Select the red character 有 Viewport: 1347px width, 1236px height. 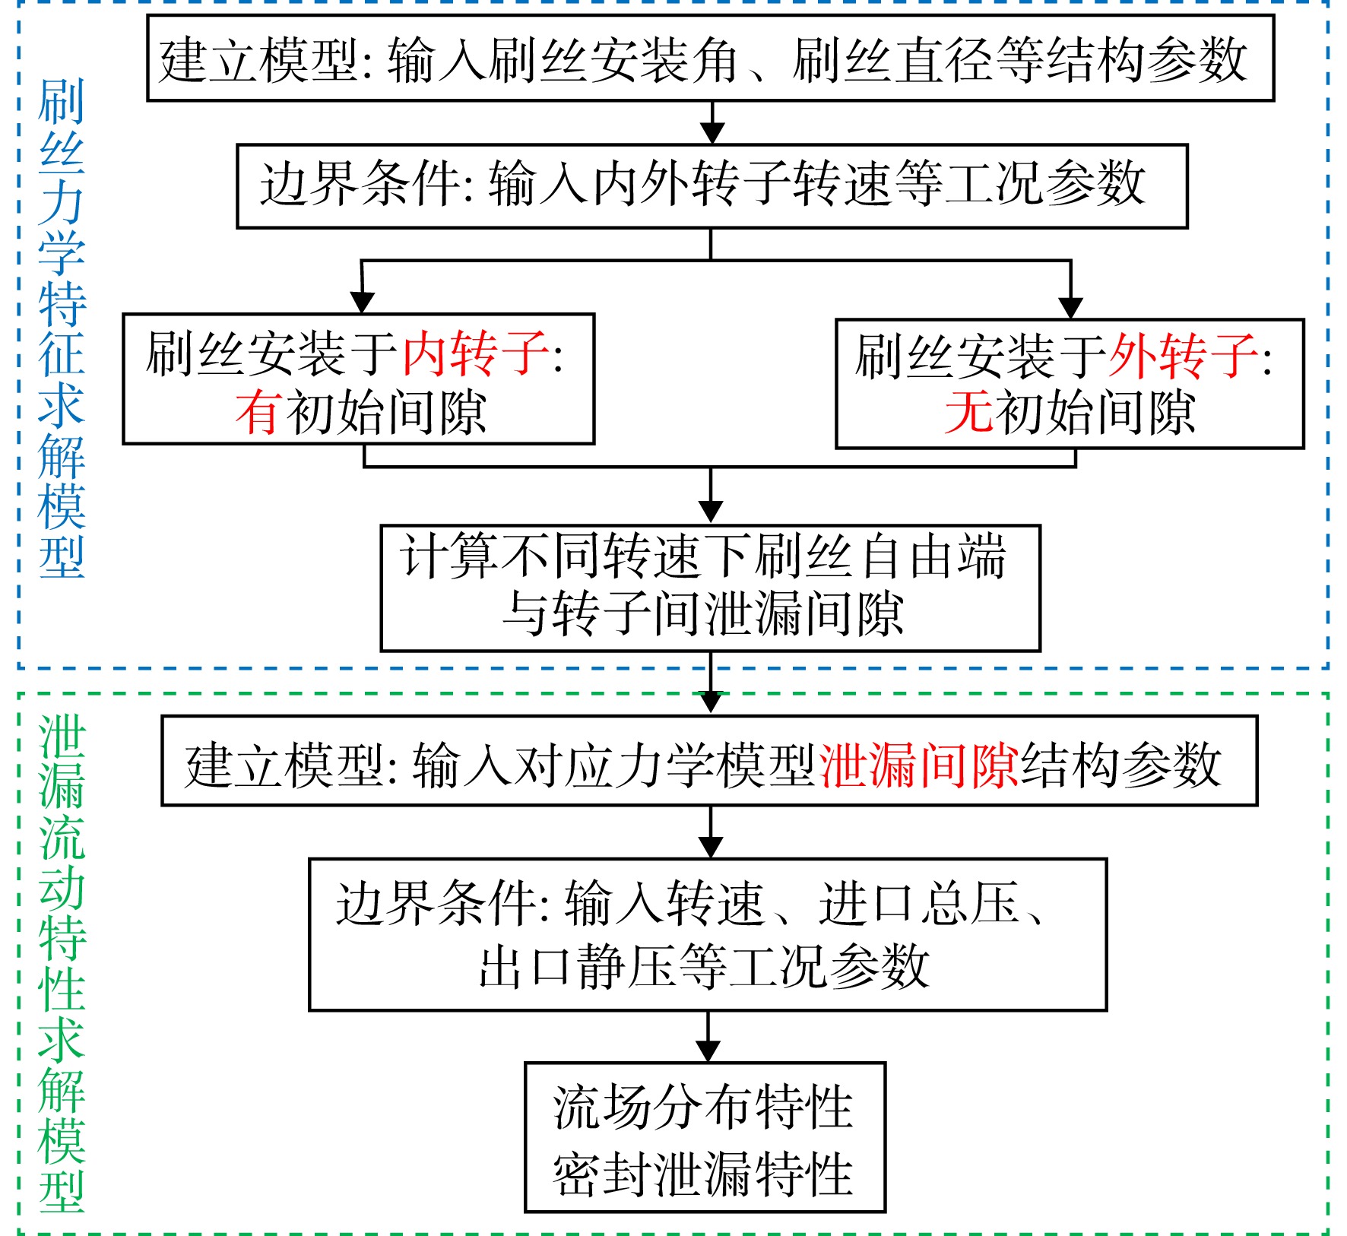pyautogui.click(x=259, y=413)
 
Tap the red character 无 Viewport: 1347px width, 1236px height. pyautogui.click(x=968, y=414)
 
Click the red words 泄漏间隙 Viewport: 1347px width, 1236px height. pyautogui.click(x=919, y=765)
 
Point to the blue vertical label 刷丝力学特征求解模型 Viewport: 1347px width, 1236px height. pyautogui.click(x=62, y=328)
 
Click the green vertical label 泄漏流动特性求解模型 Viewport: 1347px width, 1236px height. pyautogui.click(x=62, y=963)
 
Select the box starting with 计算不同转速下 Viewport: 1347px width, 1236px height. pyautogui.click(x=710, y=588)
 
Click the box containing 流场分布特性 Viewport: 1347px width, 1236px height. pyautogui.click(x=705, y=1137)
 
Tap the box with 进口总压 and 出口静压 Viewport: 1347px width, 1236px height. pyautogui.click(x=708, y=934)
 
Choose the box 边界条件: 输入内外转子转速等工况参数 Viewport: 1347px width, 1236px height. pyautogui.click(x=712, y=186)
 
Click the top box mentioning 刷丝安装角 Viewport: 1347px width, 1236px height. pyautogui.click(x=710, y=59)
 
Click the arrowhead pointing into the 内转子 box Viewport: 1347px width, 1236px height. pyautogui.click(x=362, y=303)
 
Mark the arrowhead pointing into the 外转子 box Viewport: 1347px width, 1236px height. pyautogui.click(x=1070, y=308)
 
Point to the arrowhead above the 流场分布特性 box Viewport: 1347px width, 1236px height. pyautogui.click(x=708, y=1051)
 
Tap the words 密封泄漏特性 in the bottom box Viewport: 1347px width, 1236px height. pyautogui.click(x=703, y=1174)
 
